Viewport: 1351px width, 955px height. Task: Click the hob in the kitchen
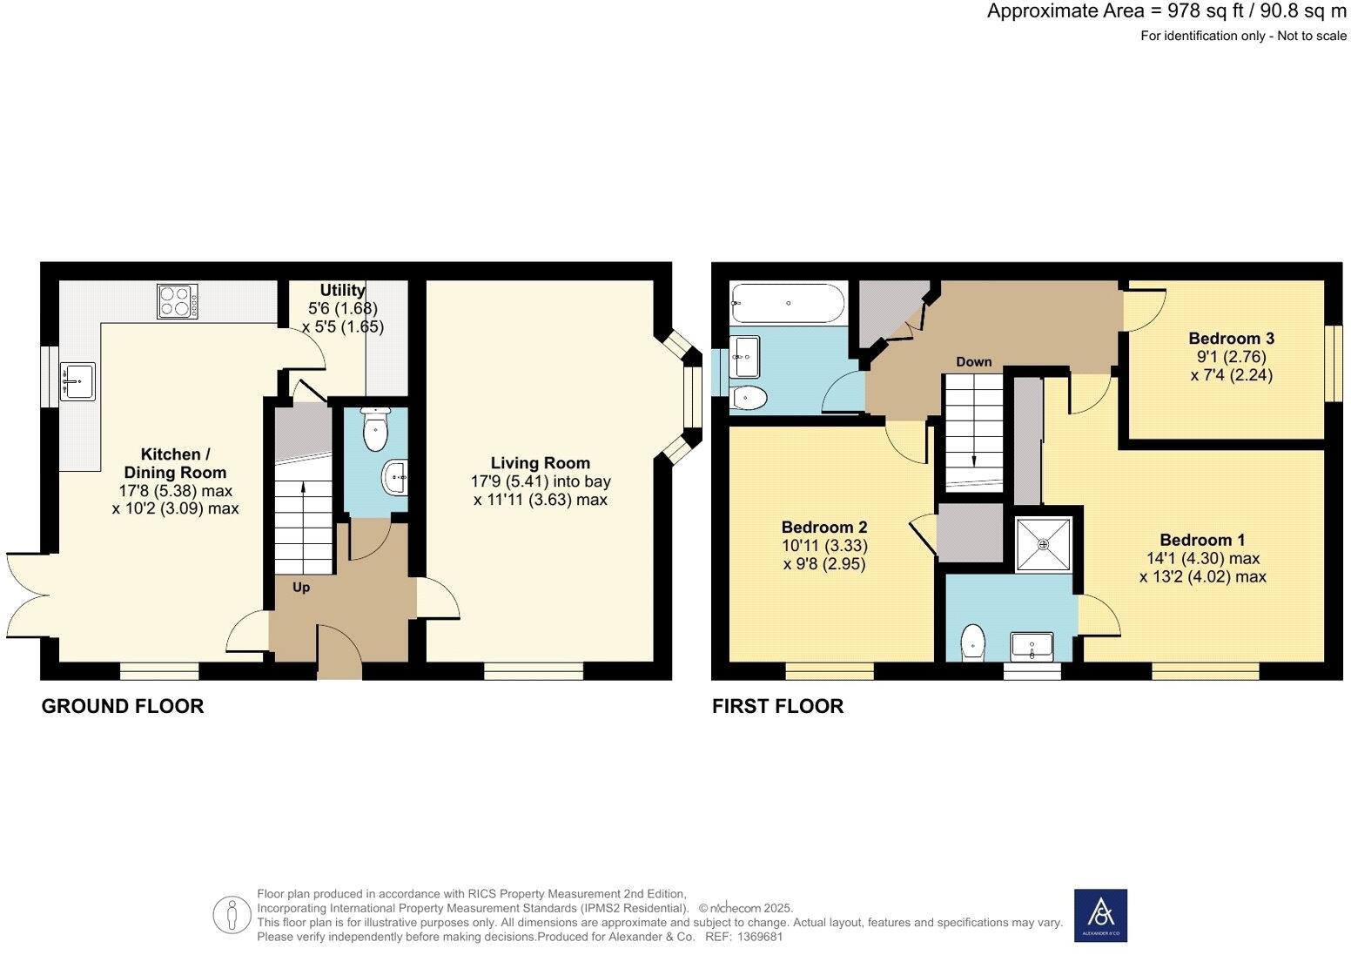(x=177, y=301)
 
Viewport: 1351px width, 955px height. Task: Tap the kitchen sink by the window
(x=77, y=381)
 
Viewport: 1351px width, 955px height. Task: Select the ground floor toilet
(x=375, y=430)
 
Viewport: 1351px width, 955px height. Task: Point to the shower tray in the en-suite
(x=1043, y=544)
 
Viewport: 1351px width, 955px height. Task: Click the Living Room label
(x=540, y=463)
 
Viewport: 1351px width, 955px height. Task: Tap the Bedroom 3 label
(x=1225, y=339)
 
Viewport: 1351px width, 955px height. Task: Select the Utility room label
(x=342, y=290)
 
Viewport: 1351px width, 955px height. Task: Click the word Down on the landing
(x=973, y=361)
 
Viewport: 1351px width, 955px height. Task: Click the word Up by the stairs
(x=300, y=588)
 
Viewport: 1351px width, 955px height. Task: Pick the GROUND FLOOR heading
(x=123, y=706)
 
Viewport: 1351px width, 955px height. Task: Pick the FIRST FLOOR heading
(x=777, y=706)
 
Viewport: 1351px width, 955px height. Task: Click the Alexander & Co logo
(x=1100, y=915)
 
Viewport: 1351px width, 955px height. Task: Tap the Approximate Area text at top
(x=1166, y=12)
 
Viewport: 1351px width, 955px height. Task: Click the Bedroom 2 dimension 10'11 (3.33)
(x=823, y=546)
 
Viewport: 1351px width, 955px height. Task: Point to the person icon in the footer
(x=232, y=914)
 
